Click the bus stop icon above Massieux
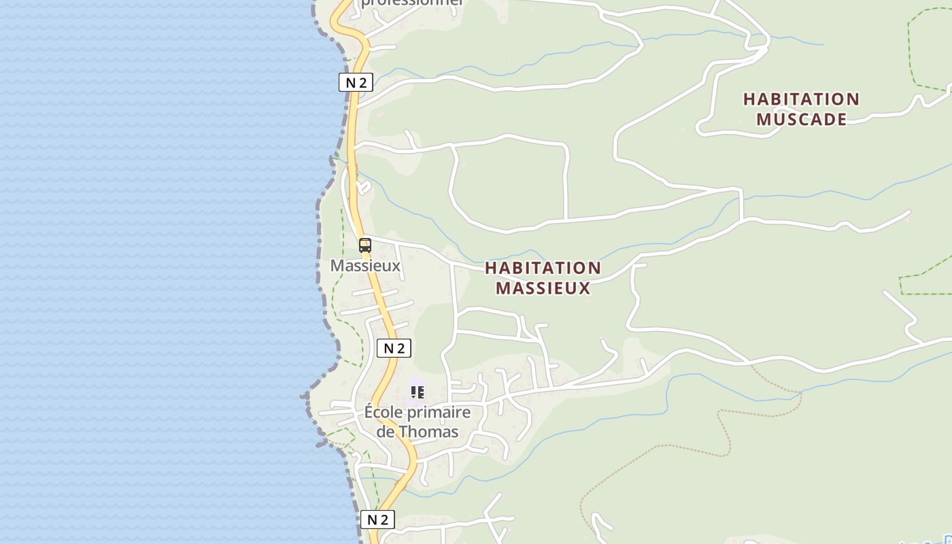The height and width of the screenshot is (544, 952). [x=365, y=245]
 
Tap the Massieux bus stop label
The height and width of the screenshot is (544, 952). [x=365, y=265]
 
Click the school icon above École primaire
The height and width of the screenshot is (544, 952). [x=418, y=392]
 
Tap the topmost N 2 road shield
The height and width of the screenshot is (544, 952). [x=356, y=83]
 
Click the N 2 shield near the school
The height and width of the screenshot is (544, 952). [x=394, y=349]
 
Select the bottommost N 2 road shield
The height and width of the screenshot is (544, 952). [x=377, y=520]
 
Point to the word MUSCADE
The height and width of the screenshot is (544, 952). [x=801, y=119]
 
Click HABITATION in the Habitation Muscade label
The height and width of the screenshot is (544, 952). [x=801, y=99]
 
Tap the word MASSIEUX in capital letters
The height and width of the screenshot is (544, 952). [x=543, y=288]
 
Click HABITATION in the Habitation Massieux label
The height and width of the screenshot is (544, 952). [x=543, y=268]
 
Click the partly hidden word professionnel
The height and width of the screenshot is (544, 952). [x=412, y=3]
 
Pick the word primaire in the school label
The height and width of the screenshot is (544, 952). [x=443, y=412]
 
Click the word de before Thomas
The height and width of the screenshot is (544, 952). [x=386, y=432]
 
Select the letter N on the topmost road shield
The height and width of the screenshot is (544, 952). [x=351, y=83]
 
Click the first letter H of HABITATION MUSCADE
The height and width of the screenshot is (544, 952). [x=749, y=99]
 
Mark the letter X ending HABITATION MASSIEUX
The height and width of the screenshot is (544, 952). [x=585, y=288]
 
